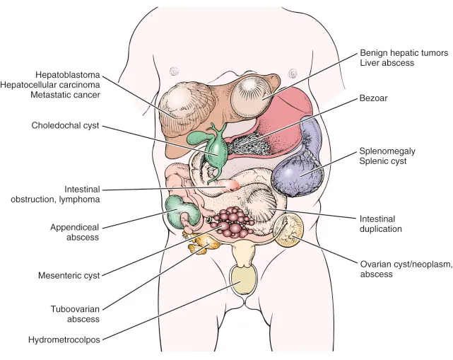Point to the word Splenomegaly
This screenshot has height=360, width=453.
(x=386, y=151)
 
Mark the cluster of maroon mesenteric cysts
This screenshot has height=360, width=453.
(x=234, y=223)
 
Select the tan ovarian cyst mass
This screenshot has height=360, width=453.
(x=289, y=229)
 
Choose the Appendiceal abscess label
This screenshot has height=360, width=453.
(x=75, y=233)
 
